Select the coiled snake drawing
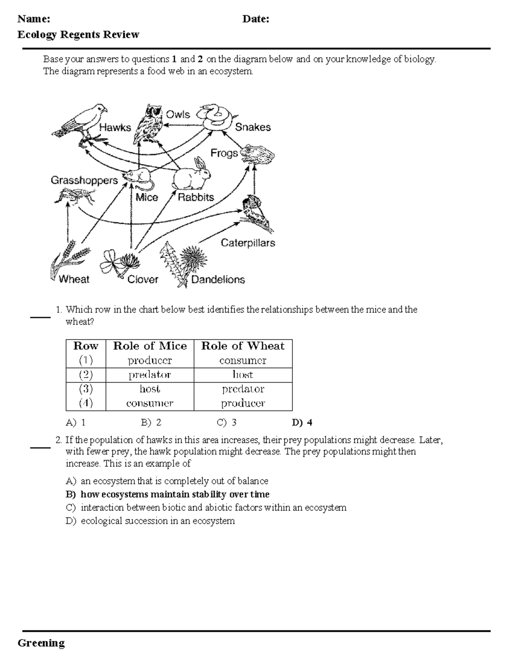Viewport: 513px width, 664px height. (216, 116)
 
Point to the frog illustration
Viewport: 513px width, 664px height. (257, 154)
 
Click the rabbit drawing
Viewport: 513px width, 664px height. (192, 175)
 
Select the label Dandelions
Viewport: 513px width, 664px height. (218, 280)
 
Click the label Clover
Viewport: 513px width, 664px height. (143, 280)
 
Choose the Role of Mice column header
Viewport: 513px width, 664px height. (150, 346)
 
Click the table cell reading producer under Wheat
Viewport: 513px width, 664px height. (243, 403)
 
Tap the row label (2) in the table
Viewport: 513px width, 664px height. (85, 375)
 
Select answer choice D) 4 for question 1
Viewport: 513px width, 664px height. (302, 423)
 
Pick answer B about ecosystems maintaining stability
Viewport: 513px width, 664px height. (168, 494)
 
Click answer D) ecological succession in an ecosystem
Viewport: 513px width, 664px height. (150, 521)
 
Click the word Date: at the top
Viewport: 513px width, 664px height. (255, 19)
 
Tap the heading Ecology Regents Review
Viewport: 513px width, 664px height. (78, 35)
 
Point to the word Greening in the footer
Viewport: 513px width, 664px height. (41, 643)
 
